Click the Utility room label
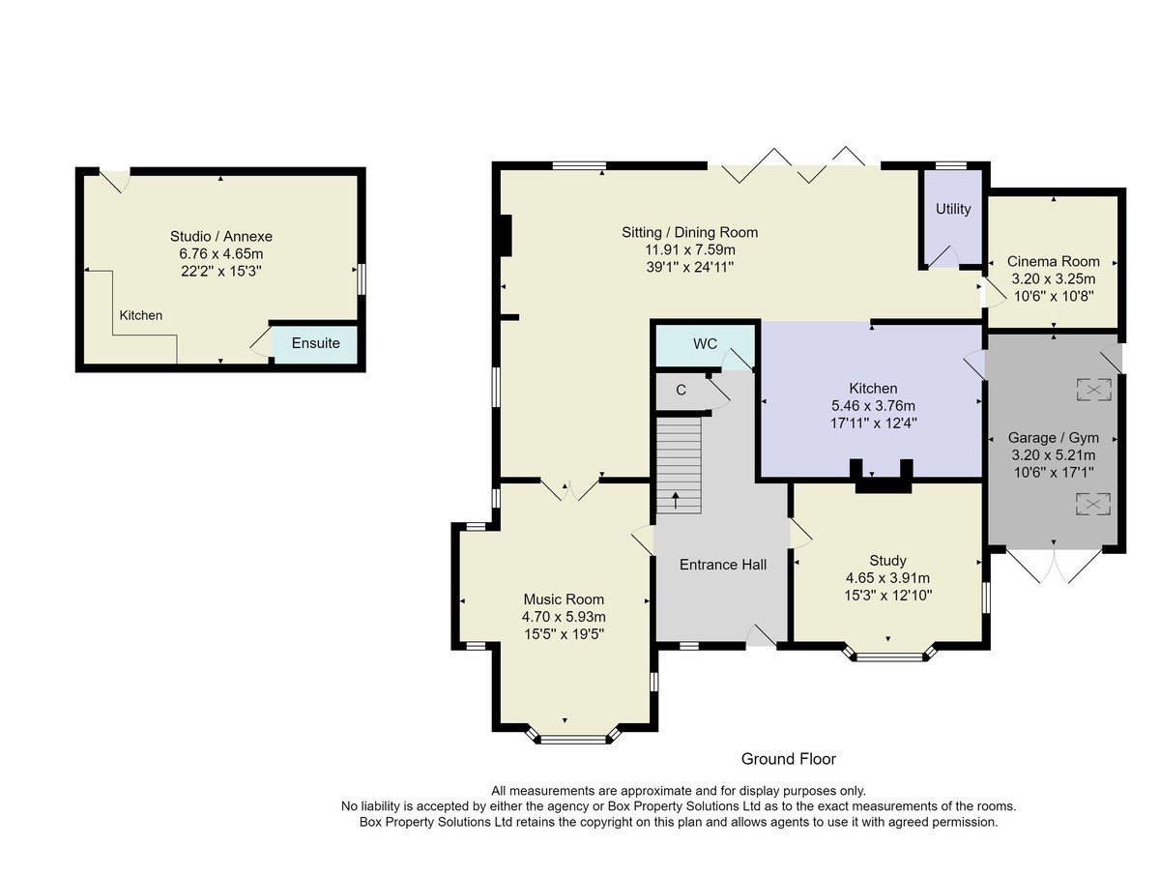click(953, 209)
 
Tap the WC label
click(705, 344)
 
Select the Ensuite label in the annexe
click(315, 343)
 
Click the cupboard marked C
click(681, 390)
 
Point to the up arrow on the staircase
click(676, 500)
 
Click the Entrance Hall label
click(722, 565)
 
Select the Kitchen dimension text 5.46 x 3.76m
click(873, 406)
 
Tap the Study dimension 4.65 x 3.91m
click(887, 578)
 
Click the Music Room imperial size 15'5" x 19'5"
click(564, 634)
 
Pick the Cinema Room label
click(1054, 261)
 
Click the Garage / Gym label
click(1054, 437)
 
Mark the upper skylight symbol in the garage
click(1094, 390)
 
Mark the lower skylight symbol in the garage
click(1093, 504)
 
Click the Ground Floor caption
click(789, 759)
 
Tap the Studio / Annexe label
click(221, 236)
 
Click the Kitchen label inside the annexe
click(140, 315)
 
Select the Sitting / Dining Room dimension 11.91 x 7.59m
click(689, 249)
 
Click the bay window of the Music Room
click(573, 738)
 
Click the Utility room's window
click(951, 165)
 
